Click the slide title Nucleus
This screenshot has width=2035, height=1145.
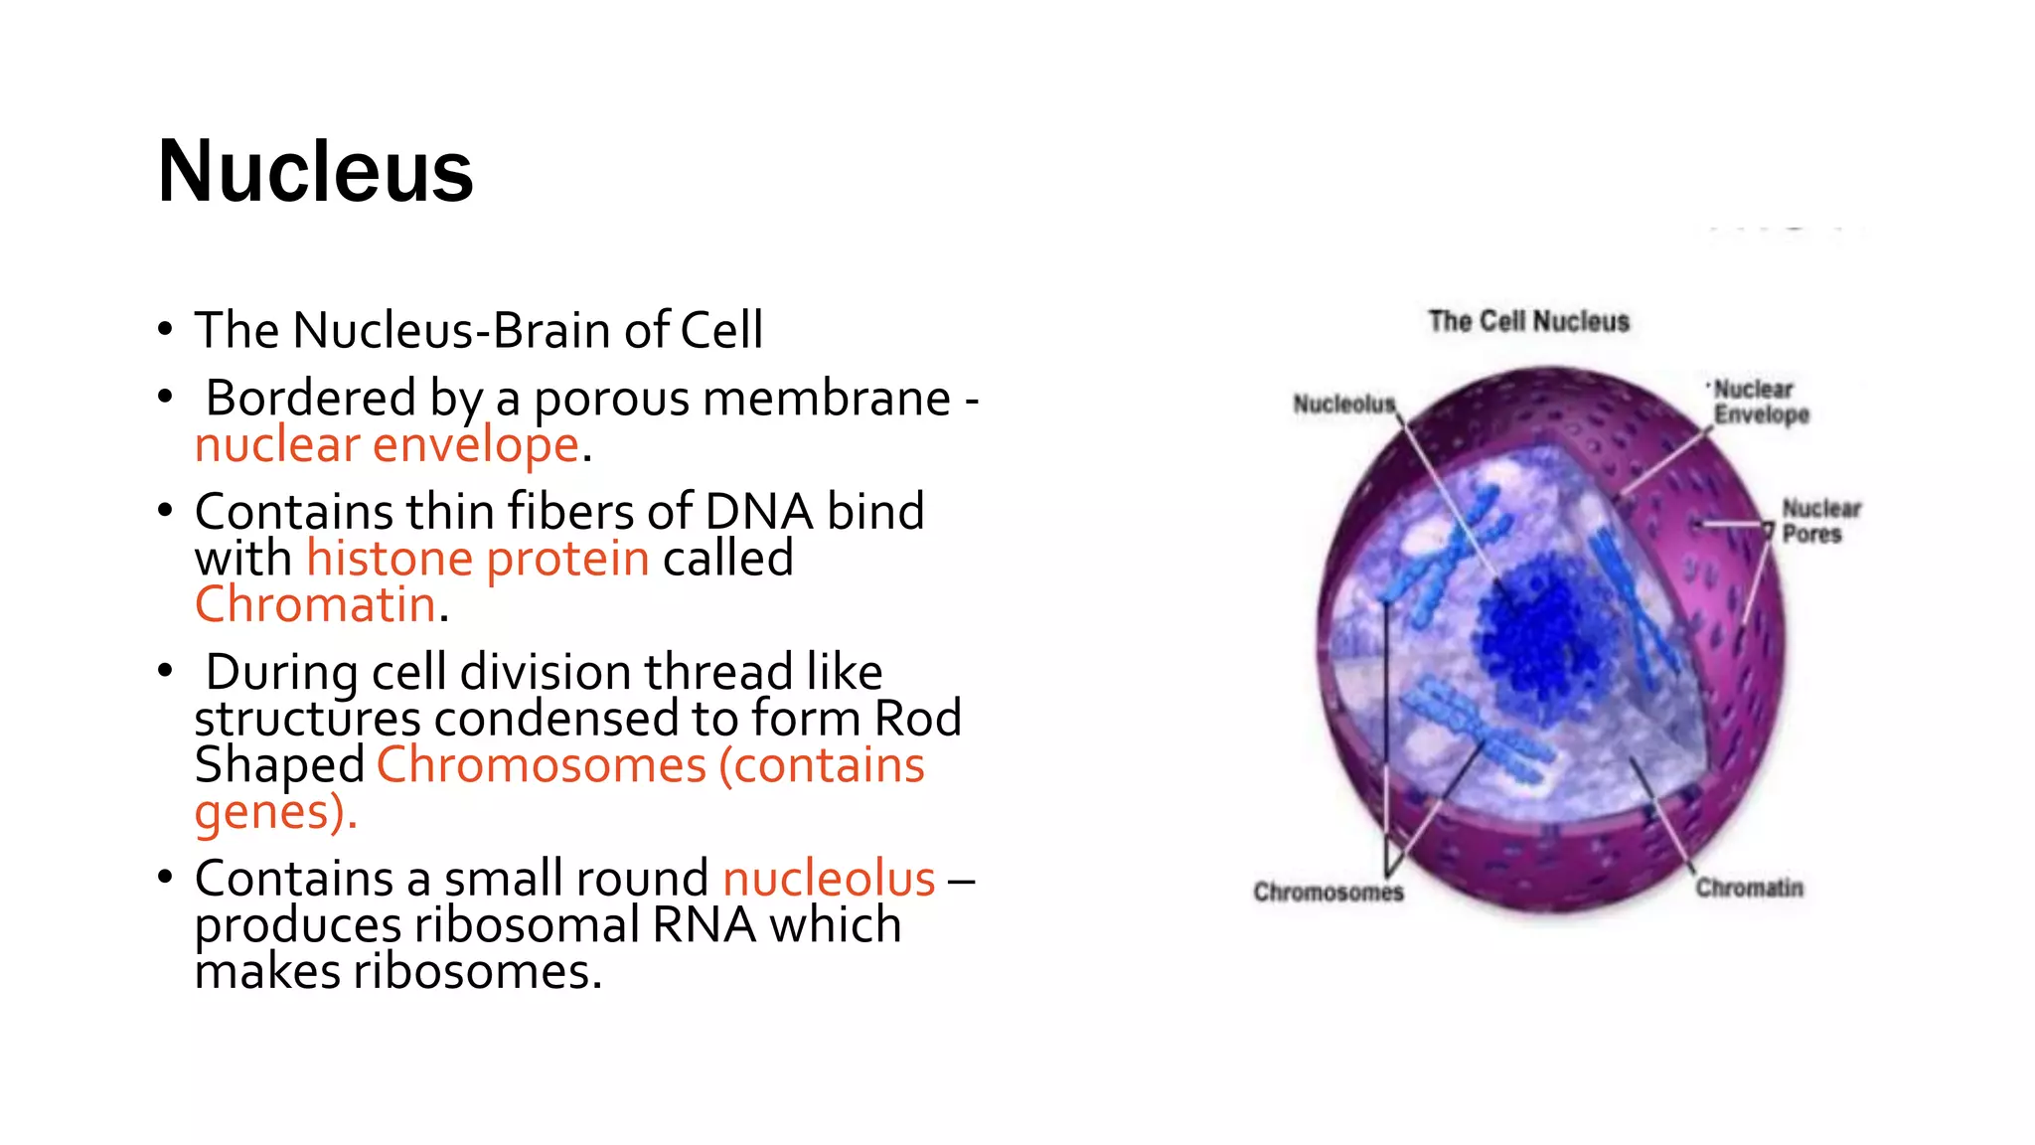click(x=315, y=172)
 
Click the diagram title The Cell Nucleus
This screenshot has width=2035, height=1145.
click(x=1528, y=322)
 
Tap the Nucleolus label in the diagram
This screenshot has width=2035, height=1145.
click(x=1343, y=405)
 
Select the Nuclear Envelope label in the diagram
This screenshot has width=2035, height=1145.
click(x=1761, y=403)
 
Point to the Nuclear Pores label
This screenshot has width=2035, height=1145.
click(x=1819, y=522)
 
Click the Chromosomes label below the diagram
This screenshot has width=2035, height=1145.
click(x=1328, y=892)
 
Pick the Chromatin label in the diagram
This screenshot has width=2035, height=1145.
click(x=1749, y=888)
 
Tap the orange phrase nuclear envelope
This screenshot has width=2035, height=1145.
click(x=387, y=445)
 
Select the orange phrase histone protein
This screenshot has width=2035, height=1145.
click(x=477, y=559)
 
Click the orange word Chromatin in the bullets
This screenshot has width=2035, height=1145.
click(x=315, y=604)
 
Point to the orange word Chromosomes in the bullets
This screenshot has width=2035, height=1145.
click(x=542, y=765)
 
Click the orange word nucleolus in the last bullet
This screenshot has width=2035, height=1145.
click(x=829, y=879)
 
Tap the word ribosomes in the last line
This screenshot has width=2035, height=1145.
click(x=477, y=971)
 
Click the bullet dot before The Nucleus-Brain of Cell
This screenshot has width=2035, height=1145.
click(x=165, y=329)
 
